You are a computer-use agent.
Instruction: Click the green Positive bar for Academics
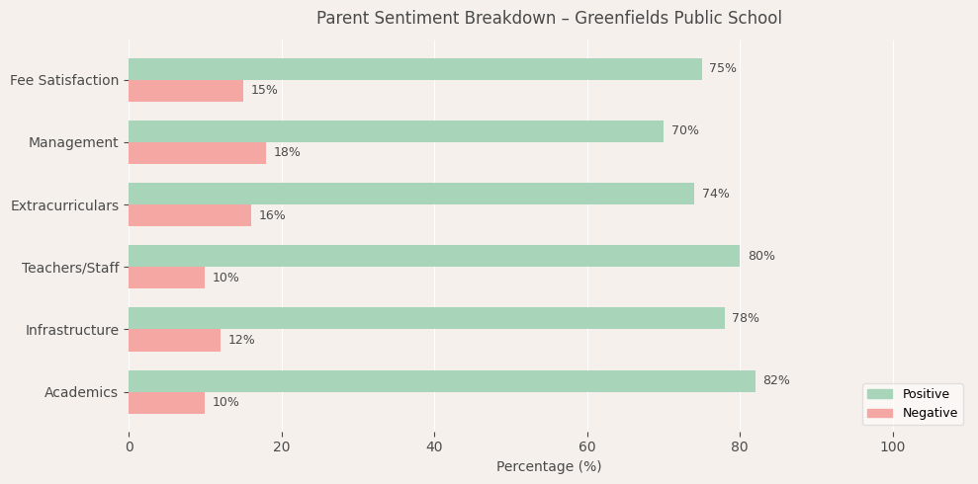click(x=441, y=381)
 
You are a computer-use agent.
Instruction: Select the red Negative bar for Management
click(x=197, y=153)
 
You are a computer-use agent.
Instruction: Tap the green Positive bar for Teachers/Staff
click(x=433, y=256)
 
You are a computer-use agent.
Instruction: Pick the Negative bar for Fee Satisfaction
click(x=186, y=91)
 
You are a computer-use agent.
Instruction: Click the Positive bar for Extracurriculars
click(x=410, y=194)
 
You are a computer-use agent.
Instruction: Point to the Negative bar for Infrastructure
click(x=174, y=340)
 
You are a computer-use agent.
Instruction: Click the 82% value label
click(x=776, y=381)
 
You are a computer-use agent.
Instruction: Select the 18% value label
click(x=287, y=153)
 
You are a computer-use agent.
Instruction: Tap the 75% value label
click(x=723, y=69)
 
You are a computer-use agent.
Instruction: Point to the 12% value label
click(x=241, y=340)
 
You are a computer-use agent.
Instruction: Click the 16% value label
click(x=272, y=215)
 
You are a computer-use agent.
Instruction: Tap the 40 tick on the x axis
click(x=434, y=447)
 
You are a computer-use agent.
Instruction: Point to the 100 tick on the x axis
click(x=893, y=447)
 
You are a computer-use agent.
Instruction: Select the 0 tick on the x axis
click(x=129, y=447)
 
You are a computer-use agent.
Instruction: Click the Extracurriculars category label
click(x=64, y=205)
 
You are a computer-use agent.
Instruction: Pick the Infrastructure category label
click(x=71, y=330)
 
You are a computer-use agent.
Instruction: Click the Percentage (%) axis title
click(x=549, y=467)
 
